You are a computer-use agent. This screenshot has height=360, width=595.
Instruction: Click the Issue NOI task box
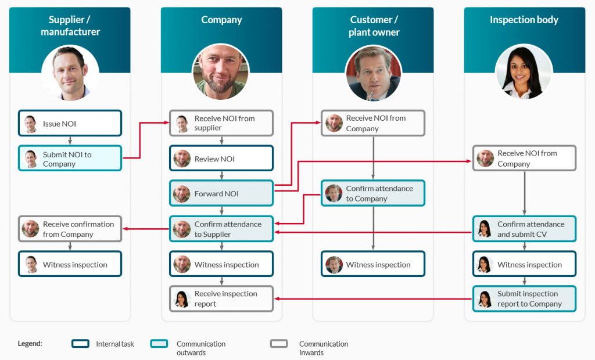(x=70, y=123)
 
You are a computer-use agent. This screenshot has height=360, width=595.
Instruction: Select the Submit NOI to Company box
(x=70, y=159)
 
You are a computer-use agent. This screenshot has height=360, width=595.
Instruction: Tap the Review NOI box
(x=221, y=159)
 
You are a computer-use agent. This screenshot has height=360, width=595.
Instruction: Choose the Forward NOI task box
(x=221, y=193)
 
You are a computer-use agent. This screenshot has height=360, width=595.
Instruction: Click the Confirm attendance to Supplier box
(x=221, y=229)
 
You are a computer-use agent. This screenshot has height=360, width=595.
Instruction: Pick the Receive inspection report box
(x=221, y=298)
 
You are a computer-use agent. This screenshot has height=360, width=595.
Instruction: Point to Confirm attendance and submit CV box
(x=524, y=229)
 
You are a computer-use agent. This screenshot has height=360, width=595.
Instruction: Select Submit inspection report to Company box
(x=524, y=298)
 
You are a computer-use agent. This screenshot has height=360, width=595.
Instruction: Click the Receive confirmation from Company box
(x=70, y=229)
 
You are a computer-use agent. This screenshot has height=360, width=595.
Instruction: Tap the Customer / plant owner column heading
(x=374, y=26)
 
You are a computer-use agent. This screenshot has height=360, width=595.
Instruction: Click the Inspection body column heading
(x=524, y=20)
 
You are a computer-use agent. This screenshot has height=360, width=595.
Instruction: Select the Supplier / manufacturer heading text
(x=70, y=26)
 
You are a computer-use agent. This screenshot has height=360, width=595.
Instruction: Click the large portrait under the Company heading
(x=221, y=72)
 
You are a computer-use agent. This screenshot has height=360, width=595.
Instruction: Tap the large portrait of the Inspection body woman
(x=524, y=72)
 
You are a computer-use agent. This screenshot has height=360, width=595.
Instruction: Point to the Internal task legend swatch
(x=80, y=344)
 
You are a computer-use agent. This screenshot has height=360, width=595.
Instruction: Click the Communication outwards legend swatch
(x=159, y=344)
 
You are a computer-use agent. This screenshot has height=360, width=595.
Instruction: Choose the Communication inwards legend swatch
(x=279, y=344)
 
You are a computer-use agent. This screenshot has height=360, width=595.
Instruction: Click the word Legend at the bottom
(x=30, y=344)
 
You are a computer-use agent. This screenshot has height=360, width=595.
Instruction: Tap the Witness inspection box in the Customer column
(x=372, y=264)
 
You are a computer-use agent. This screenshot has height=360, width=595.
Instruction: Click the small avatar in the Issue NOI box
(x=31, y=123)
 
